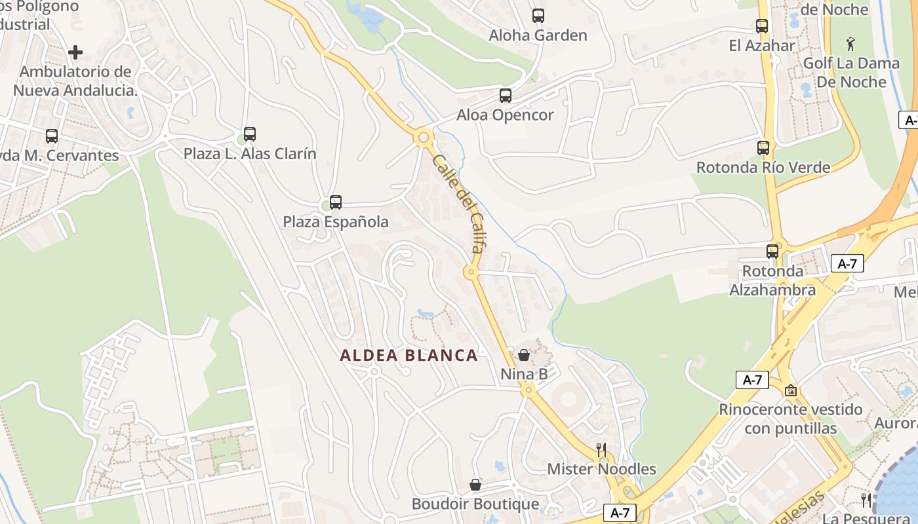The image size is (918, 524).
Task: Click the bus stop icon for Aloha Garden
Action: point(538,16)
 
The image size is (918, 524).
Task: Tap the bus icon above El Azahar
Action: point(761,26)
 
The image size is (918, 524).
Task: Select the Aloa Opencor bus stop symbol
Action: point(506,96)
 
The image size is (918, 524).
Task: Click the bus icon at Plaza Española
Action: point(336,202)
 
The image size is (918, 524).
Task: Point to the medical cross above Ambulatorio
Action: point(75,52)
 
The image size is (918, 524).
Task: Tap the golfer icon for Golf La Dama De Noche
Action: point(851,44)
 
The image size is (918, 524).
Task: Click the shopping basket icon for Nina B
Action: point(524,355)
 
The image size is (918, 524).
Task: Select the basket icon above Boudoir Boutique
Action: point(475,485)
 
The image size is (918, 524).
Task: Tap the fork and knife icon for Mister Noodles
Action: point(601,449)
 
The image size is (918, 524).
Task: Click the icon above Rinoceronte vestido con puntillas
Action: point(791,390)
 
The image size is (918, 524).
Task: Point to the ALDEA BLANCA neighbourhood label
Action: point(409,356)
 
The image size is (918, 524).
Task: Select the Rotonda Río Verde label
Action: point(763,167)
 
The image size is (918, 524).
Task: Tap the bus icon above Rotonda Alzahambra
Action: point(772,251)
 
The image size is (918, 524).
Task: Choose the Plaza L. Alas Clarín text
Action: point(250,154)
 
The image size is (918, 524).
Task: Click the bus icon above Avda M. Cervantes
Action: point(52,136)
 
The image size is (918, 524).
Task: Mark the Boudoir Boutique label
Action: point(475,504)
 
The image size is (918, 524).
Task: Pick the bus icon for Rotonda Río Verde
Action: point(763,148)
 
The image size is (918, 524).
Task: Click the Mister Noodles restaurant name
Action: point(601,469)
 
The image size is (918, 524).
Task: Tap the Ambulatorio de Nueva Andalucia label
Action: point(75,81)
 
